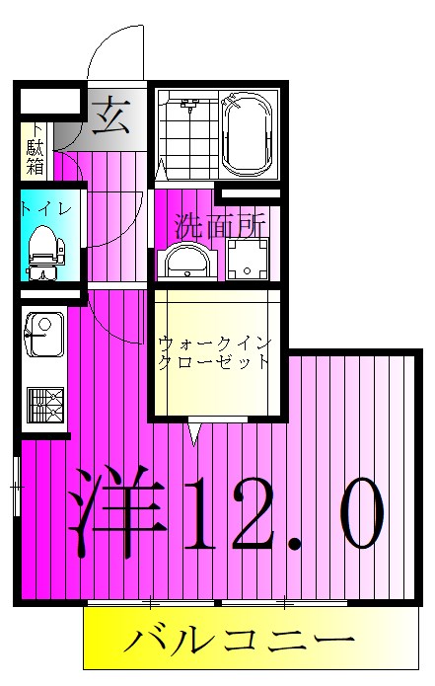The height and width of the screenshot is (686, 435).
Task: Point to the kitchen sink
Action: click(40, 336)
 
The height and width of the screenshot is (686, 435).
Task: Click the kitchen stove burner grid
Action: click(43, 405)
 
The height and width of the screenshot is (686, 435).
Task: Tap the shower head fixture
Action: click(190, 103)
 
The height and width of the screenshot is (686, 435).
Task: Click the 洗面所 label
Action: click(220, 225)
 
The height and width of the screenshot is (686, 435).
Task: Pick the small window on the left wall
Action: click(16, 487)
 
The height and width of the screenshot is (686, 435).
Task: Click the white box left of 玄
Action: click(48, 100)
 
